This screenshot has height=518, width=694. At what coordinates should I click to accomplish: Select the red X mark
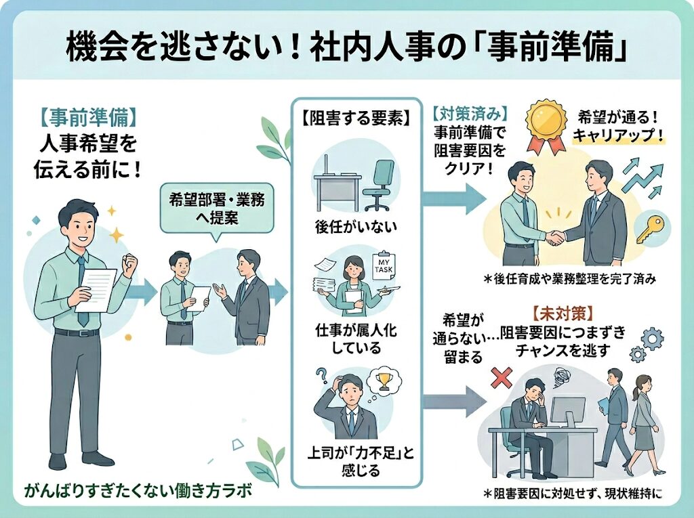click(x=501, y=378)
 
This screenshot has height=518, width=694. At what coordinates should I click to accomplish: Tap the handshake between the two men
click(x=556, y=237)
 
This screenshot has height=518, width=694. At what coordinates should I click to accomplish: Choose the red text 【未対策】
click(x=553, y=316)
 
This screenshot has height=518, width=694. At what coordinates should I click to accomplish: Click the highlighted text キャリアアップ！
click(x=617, y=134)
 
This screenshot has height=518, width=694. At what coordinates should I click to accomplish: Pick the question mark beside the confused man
click(x=322, y=374)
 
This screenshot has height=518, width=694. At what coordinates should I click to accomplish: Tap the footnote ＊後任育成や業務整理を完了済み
click(x=570, y=279)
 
